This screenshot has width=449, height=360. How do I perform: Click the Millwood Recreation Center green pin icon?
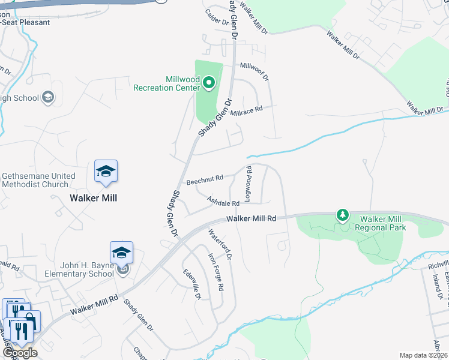(209, 82)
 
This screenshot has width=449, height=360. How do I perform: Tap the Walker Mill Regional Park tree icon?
(343, 214)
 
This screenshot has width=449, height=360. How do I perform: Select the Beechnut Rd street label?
(205, 179)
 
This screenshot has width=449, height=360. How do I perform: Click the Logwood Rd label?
(249, 184)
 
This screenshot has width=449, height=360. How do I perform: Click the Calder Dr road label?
(217, 17)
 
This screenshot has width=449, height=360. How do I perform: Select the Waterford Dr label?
(220, 244)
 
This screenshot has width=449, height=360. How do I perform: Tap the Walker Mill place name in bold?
(93, 198)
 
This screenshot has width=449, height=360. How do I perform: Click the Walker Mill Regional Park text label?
(380, 223)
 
